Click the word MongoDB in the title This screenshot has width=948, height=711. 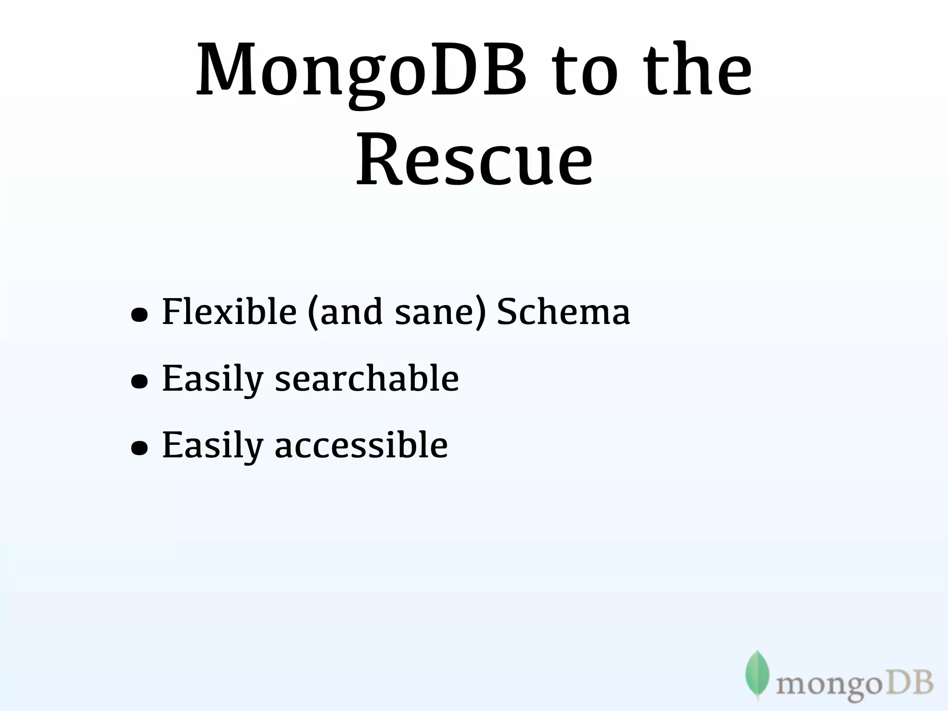[361, 72]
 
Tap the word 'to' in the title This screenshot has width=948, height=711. [584, 72]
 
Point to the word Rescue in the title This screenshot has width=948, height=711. [474, 160]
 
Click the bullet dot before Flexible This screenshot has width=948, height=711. [139, 315]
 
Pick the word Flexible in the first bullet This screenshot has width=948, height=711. [229, 311]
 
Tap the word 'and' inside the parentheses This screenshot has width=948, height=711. [351, 312]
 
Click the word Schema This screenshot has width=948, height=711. [563, 311]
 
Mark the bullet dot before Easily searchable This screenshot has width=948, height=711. [139, 381]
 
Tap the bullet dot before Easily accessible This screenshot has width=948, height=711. [139, 448]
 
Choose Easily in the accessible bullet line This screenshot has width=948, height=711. [212, 446]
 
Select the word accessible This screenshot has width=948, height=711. [361, 445]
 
